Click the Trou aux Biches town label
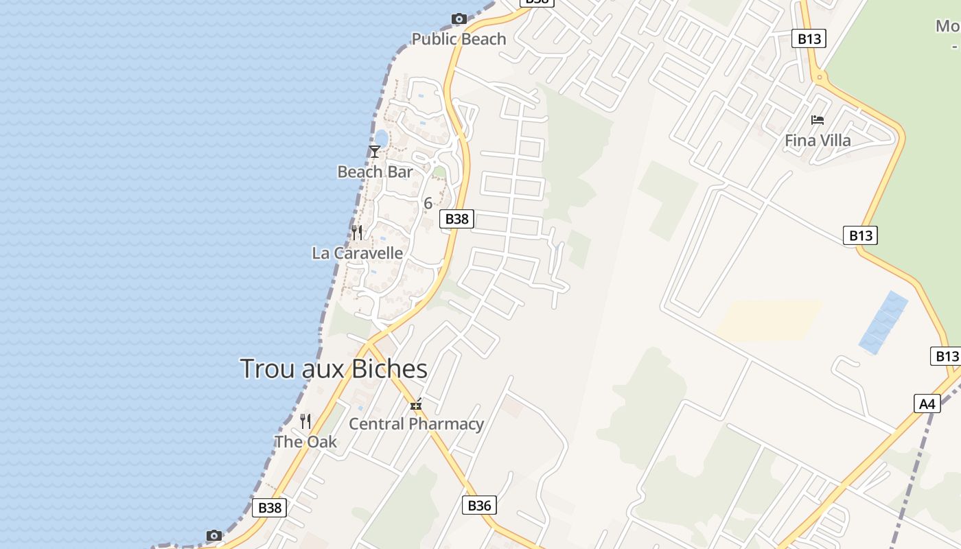point(334,369)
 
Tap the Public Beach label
point(459,39)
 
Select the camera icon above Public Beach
point(459,19)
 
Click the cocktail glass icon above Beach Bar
point(375,151)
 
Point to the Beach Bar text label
point(375,172)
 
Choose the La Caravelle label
point(358,253)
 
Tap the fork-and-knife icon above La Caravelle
point(357,233)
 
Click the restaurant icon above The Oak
point(305,421)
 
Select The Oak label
point(305,441)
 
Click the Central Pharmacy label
point(416,423)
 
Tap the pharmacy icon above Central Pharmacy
point(416,405)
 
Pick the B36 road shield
point(478,506)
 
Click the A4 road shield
point(927,404)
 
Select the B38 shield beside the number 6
point(456,219)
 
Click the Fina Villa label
point(818,141)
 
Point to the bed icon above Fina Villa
point(817,120)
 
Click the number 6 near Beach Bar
point(428,203)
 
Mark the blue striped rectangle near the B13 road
point(884,323)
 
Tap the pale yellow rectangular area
point(769,320)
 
